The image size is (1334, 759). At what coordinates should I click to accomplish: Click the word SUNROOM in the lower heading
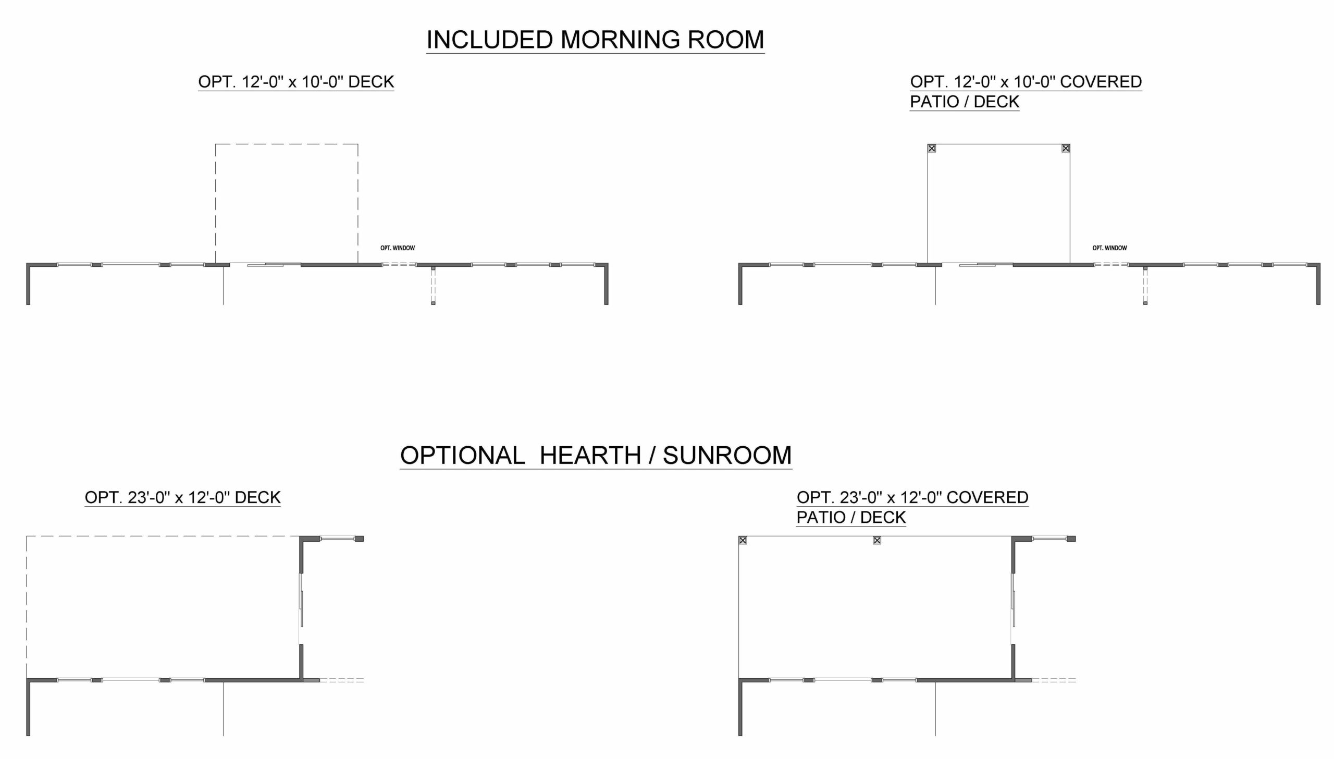tap(727, 455)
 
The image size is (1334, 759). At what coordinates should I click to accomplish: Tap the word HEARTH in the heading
tap(590, 455)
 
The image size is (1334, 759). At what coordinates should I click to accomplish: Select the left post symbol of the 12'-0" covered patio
tap(932, 149)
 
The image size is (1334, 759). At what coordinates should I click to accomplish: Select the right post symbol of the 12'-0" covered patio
tap(1066, 149)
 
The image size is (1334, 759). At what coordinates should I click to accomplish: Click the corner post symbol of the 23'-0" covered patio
tap(743, 541)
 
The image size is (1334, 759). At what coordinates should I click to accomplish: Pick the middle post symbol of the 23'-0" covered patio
tap(877, 541)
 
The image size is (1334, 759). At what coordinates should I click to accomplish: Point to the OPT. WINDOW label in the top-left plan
tap(398, 248)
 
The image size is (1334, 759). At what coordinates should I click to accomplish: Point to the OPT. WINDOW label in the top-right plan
tap(1110, 248)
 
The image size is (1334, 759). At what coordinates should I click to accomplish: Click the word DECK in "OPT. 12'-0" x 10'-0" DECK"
tap(371, 82)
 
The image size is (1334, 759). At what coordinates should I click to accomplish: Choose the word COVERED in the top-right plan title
tap(1101, 82)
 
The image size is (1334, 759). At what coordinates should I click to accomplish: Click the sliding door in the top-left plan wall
tap(265, 265)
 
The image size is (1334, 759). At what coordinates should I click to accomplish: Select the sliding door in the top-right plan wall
tap(978, 265)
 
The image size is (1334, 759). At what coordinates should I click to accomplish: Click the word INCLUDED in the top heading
tap(490, 40)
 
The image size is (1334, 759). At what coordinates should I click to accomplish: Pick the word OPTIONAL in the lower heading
tap(463, 455)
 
